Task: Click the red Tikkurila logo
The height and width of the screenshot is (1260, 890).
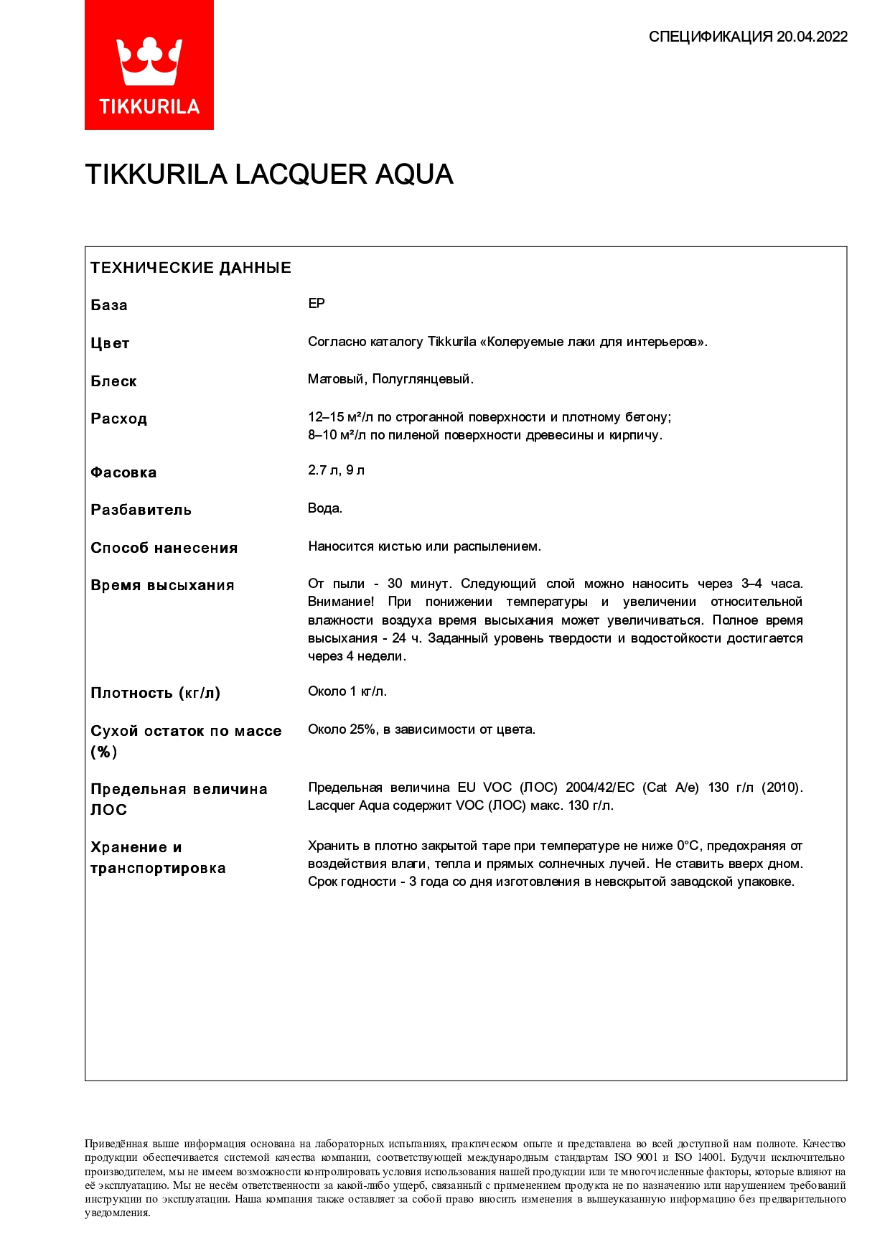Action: tap(149, 65)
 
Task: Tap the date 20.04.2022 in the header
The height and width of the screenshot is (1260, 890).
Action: tap(812, 37)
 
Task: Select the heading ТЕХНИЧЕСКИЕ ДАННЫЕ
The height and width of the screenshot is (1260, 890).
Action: tap(191, 268)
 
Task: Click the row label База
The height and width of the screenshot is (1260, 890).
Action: tap(109, 305)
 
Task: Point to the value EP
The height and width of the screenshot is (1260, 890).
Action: tap(317, 304)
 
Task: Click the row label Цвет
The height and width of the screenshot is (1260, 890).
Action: tap(110, 343)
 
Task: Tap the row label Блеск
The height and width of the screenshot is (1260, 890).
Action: tap(113, 381)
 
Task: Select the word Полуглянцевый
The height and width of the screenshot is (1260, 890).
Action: tap(422, 379)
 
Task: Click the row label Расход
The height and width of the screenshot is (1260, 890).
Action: tap(118, 419)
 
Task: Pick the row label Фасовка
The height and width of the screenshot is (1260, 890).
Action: tap(123, 472)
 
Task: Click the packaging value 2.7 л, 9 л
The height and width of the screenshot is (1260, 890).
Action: tap(336, 470)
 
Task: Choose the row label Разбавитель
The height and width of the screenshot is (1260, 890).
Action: tap(141, 510)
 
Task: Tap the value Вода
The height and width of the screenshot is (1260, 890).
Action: tap(325, 508)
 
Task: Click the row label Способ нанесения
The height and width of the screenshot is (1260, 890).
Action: tap(164, 548)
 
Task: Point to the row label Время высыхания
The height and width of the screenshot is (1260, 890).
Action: tap(162, 585)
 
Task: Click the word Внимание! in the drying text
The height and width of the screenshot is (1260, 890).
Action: tap(341, 602)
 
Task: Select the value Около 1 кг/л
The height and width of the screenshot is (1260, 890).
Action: tap(347, 691)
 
